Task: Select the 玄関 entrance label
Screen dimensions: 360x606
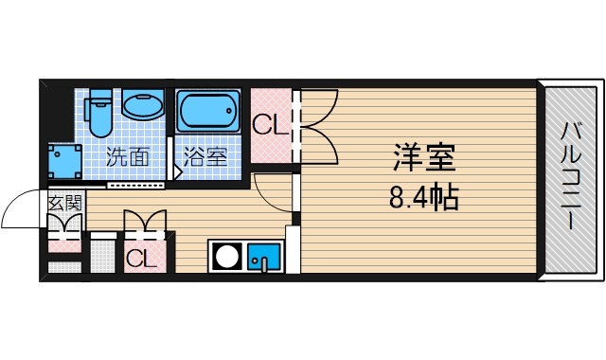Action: [63, 202]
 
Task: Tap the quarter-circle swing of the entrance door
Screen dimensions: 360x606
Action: [21, 210]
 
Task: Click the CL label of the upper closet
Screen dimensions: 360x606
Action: [270, 125]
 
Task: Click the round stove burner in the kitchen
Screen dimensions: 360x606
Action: [227, 256]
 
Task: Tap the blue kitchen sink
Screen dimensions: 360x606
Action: [264, 256]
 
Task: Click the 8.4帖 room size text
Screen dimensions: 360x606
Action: [423, 197]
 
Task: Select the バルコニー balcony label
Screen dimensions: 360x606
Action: [571, 177]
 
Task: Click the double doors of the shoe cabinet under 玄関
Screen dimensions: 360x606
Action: [64, 228]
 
